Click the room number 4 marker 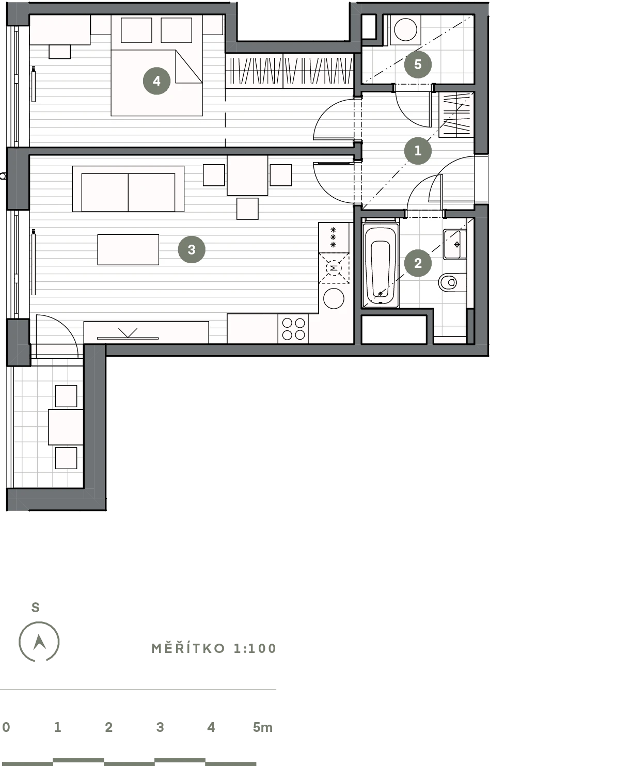point(157,81)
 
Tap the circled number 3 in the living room point(192,249)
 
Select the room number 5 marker point(418,65)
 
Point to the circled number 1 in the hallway point(418,150)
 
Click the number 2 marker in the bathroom point(418,263)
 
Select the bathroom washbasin point(455,244)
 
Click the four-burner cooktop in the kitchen point(293,329)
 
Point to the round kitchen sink point(334,298)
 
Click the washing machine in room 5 point(405,30)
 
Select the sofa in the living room point(128,188)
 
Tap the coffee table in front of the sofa point(128,249)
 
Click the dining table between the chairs point(247,175)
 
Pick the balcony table point(66,427)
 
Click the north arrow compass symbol point(39,642)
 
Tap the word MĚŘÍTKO point(188,649)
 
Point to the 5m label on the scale point(263,727)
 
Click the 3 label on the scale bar point(160,727)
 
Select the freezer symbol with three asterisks point(333,237)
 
